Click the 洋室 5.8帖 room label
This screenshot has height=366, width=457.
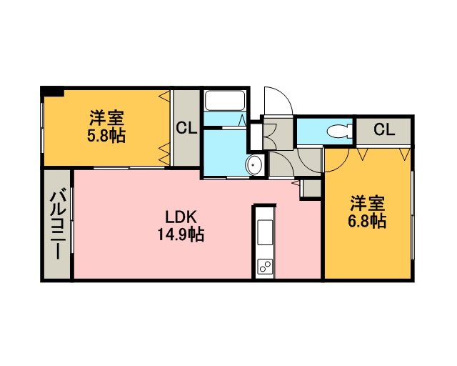click(x=106, y=127)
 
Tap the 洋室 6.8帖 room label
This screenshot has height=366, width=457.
click(x=367, y=212)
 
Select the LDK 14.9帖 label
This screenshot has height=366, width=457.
click(x=181, y=226)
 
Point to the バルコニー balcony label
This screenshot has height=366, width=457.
click(x=58, y=224)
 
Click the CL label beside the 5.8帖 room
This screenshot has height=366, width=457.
click(x=186, y=128)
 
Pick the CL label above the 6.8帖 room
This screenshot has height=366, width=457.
click(x=384, y=129)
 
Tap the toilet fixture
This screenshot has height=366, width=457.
click(x=340, y=131)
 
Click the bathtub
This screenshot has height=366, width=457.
click(x=225, y=100)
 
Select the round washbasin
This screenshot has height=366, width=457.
click(x=253, y=165)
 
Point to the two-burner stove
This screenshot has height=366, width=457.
click(x=265, y=267)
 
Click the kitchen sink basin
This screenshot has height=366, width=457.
click(x=265, y=232)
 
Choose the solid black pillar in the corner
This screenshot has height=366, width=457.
click(x=52, y=91)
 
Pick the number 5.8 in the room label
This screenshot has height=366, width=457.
click(x=97, y=136)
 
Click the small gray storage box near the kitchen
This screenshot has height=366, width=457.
click(x=312, y=189)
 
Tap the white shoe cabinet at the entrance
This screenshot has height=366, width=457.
click(x=256, y=137)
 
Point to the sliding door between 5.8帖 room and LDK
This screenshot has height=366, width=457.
click(x=129, y=168)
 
